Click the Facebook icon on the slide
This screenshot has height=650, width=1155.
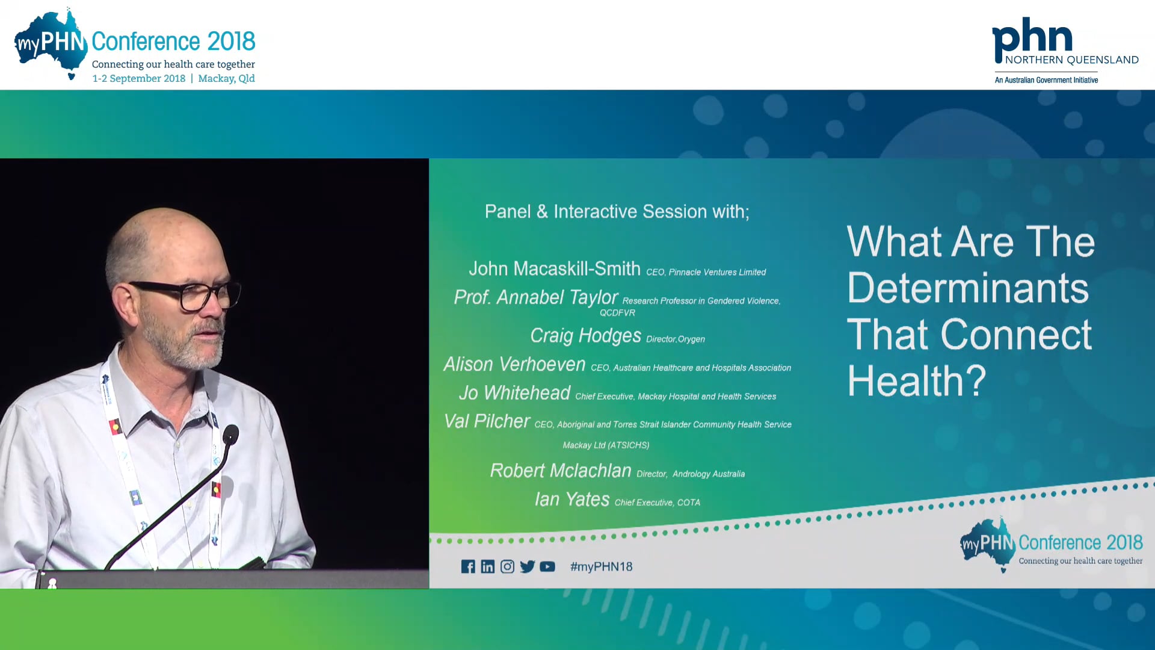click(x=468, y=566)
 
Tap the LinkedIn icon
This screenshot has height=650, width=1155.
click(x=488, y=566)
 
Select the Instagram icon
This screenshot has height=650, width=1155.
click(x=507, y=566)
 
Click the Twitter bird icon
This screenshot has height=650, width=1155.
click(x=528, y=566)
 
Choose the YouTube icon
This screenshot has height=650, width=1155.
click(x=547, y=566)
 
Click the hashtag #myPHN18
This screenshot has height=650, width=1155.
click(x=601, y=566)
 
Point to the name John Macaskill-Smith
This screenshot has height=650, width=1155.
click(x=554, y=268)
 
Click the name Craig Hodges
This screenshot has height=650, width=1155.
click(x=585, y=335)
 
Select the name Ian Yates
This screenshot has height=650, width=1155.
click(x=571, y=499)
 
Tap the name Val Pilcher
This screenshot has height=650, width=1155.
click(x=487, y=421)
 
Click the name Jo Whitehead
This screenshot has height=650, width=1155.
click(x=514, y=393)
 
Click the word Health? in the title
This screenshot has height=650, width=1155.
click(x=916, y=381)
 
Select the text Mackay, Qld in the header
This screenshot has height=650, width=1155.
click(x=226, y=78)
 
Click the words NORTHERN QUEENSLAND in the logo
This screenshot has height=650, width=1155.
click(x=1071, y=60)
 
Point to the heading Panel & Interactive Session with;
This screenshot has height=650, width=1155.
click(x=617, y=211)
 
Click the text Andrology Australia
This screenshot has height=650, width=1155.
click(x=708, y=474)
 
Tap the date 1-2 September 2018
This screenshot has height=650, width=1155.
click(x=138, y=78)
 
